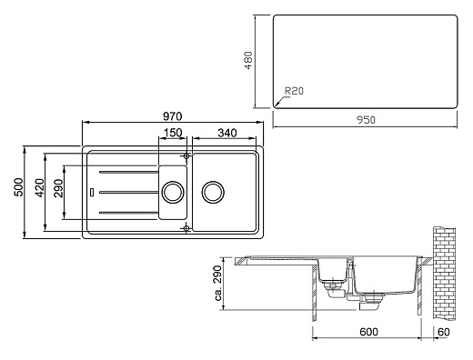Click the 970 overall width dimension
click(x=173, y=115)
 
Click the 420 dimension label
click(x=40, y=191)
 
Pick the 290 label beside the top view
click(x=57, y=191)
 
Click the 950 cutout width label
click(x=366, y=119)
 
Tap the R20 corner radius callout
click(x=293, y=91)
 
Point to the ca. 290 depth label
click(x=218, y=285)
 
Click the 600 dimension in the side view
click(x=367, y=333)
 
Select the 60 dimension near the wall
click(x=443, y=333)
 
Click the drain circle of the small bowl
click(x=171, y=192)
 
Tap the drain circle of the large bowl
click(x=214, y=192)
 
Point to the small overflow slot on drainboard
click(x=93, y=192)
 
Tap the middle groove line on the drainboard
click(x=127, y=192)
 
